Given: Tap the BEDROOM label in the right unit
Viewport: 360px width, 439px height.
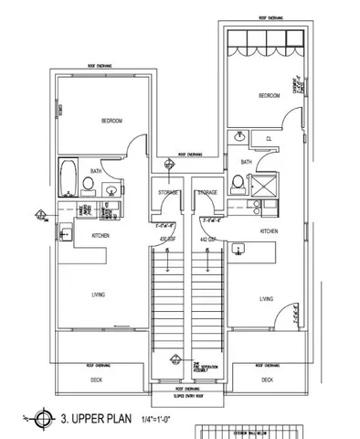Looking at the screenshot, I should [x=269, y=95].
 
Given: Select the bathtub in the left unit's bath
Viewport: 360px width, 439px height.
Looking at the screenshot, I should [x=68, y=177].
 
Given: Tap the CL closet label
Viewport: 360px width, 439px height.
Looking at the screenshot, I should [x=270, y=140].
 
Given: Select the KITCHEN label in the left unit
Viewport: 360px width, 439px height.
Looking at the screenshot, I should [x=101, y=236].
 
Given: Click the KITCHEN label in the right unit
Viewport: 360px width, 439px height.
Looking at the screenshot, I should [x=269, y=231].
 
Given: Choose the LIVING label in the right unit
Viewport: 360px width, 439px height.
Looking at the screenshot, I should [x=266, y=299].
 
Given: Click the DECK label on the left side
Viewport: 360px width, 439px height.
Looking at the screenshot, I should [x=96, y=379].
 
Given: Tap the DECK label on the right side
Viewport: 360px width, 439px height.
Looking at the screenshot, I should [x=267, y=379].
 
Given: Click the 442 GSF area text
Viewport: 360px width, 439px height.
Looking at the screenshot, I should [x=207, y=240].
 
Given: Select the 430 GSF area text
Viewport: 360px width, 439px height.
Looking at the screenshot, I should [x=167, y=240].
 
